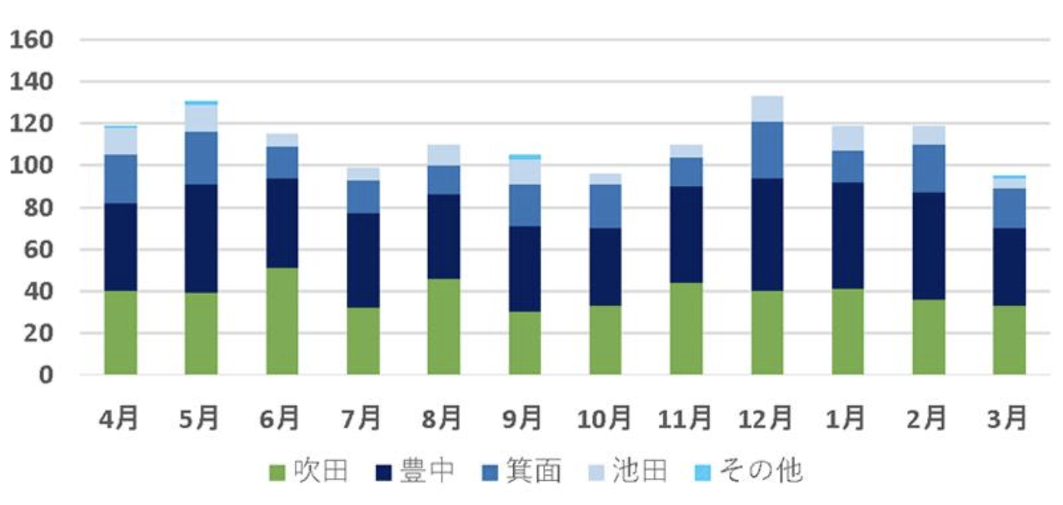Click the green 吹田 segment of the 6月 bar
coord(282,321)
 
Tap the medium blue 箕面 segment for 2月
coord(928,168)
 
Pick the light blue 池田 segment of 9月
coord(524,172)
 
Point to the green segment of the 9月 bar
coord(524,342)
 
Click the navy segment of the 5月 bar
coord(201,238)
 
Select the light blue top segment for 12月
coord(766,108)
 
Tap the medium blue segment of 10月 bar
coord(605,206)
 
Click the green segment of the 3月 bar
coord(1009,340)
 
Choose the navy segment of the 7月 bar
coord(362,260)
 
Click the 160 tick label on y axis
coord(31,40)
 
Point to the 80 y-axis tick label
coord(37,207)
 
